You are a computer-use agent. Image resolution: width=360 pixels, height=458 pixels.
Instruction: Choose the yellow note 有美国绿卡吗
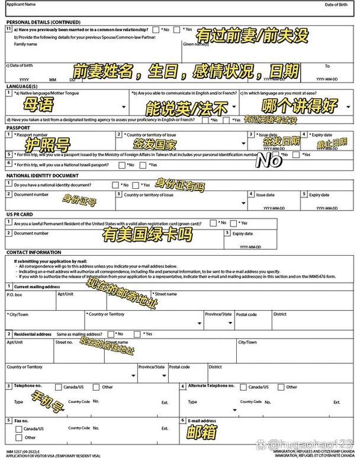tap(147, 236)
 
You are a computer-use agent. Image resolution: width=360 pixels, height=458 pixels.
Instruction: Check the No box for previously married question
tap(155, 29)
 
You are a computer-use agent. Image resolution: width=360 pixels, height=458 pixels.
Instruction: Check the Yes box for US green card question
tap(251, 223)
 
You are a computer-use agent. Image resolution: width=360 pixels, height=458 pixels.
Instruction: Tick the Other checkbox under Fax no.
tap(18, 438)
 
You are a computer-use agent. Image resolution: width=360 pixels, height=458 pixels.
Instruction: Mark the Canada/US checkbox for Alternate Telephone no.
tap(243, 387)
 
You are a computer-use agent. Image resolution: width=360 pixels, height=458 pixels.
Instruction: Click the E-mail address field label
tap(201, 421)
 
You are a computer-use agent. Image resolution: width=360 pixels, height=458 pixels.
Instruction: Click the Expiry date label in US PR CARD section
tap(242, 233)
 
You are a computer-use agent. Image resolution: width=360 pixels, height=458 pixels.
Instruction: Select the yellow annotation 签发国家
tap(155, 144)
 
